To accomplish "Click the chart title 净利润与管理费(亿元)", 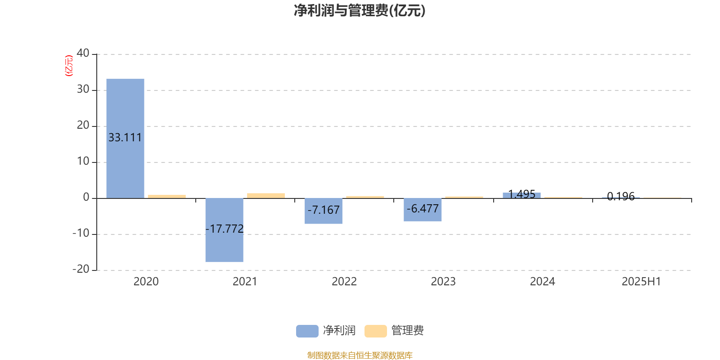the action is click(x=360, y=11).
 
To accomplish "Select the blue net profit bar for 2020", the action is click(x=126, y=139).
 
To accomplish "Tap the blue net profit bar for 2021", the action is click(x=225, y=230).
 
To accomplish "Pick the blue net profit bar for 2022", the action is click(x=324, y=211).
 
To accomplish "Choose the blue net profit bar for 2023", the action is click(x=423, y=210).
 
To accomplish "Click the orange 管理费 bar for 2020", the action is click(x=167, y=196).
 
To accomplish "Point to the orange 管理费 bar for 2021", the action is click(x=266, y=196).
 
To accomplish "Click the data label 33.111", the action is click(x=125, y=138).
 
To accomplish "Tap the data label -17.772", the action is click(x=225, y=229).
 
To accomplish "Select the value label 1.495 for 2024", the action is click(x=522, y=194).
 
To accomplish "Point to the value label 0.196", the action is click(x=621, y=196).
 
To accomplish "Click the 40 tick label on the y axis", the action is click(x=83, y=53).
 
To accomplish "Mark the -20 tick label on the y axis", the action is click(x=81, y=269).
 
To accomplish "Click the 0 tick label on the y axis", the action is click(x=86, y=197).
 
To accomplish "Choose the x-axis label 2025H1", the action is click(x=641, y=282).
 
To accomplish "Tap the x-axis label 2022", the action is click(x=344, y=282).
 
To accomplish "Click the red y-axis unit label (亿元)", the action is click(x=69, y=66).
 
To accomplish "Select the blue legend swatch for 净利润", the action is click(x=307, y=331).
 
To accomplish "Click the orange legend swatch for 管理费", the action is click(x=375, y=331).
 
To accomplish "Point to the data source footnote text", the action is click(x=360, y=355).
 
